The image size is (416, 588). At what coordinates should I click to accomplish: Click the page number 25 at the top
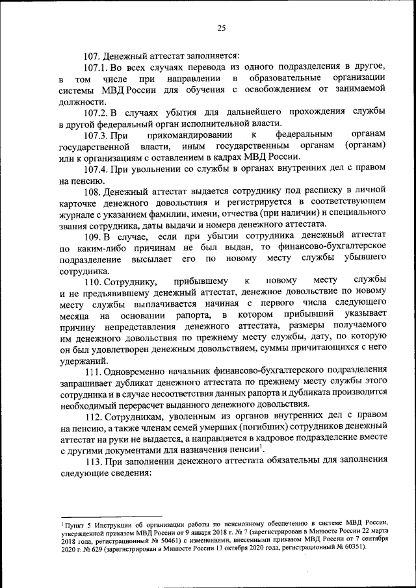(221, 27)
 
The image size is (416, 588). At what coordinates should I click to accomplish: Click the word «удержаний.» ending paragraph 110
(84, 364)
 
